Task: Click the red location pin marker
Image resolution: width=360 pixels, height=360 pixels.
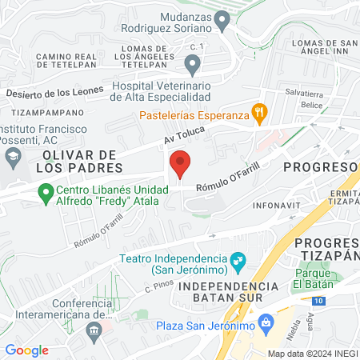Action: click(x=181, y=164)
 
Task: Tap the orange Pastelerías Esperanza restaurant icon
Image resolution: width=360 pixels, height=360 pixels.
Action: click(x=259, y=114)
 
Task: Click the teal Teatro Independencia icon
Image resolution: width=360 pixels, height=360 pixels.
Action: click(x=237, y=260)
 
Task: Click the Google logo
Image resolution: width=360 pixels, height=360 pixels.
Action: click(x=26, y=350)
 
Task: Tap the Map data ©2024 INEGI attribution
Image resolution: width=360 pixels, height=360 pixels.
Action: click(x=313, y=353)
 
